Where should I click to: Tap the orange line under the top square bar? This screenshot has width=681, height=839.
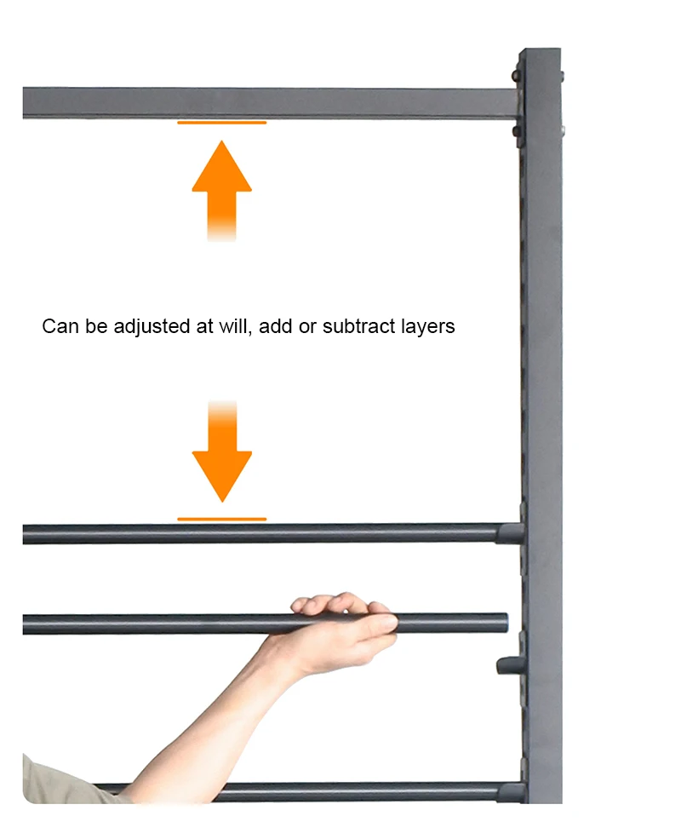point(221,123)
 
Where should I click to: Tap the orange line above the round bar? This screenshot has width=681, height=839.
point(221,519)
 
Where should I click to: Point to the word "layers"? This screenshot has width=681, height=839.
point(425,326)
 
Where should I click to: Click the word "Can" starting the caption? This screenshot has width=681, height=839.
point(57,326)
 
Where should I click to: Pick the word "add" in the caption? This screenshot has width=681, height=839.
point(276,326)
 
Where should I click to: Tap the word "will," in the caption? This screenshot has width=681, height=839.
point(233,326)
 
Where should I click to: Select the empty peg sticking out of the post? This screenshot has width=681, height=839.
point(508,664)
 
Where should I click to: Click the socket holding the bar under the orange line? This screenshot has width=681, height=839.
point(510,534)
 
